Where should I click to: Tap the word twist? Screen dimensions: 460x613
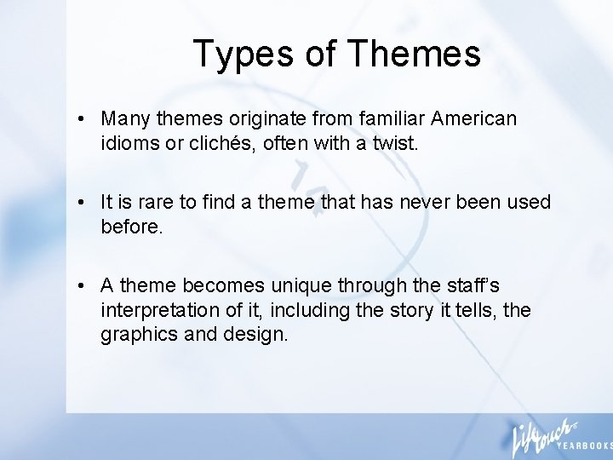tap(397, 143)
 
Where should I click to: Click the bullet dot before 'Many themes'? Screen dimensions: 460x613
tap(77, 118)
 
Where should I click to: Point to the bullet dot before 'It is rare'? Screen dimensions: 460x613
tap(77, 203)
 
